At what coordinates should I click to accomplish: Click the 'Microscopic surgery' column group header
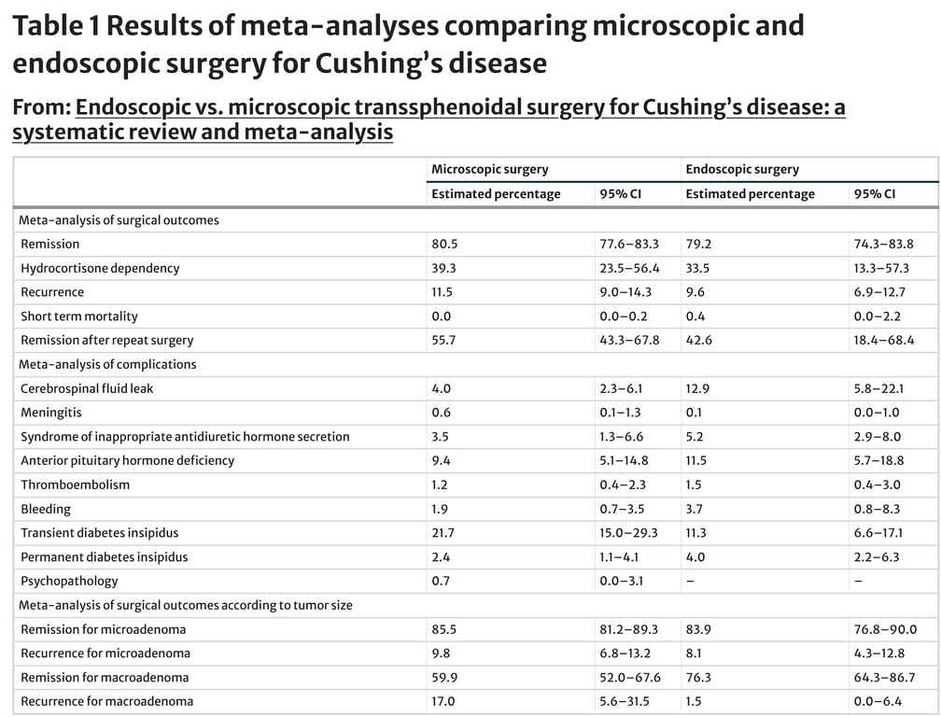point(489,169)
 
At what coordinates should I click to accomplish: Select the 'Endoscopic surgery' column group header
point(742,169)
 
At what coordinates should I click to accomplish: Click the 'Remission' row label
point(50,244)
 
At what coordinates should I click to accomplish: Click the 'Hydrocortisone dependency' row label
point(100,268)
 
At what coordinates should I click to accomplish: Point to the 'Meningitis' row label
point(51,413)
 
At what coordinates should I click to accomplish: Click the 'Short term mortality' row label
point(79,316)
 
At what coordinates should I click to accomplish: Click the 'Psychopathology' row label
point(69,581)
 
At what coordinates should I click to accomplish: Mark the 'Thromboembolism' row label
point(76,485)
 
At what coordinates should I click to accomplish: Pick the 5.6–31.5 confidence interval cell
point(624,701)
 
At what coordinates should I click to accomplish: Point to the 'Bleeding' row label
point(46,509)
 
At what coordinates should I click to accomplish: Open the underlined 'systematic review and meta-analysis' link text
point(203,132)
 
